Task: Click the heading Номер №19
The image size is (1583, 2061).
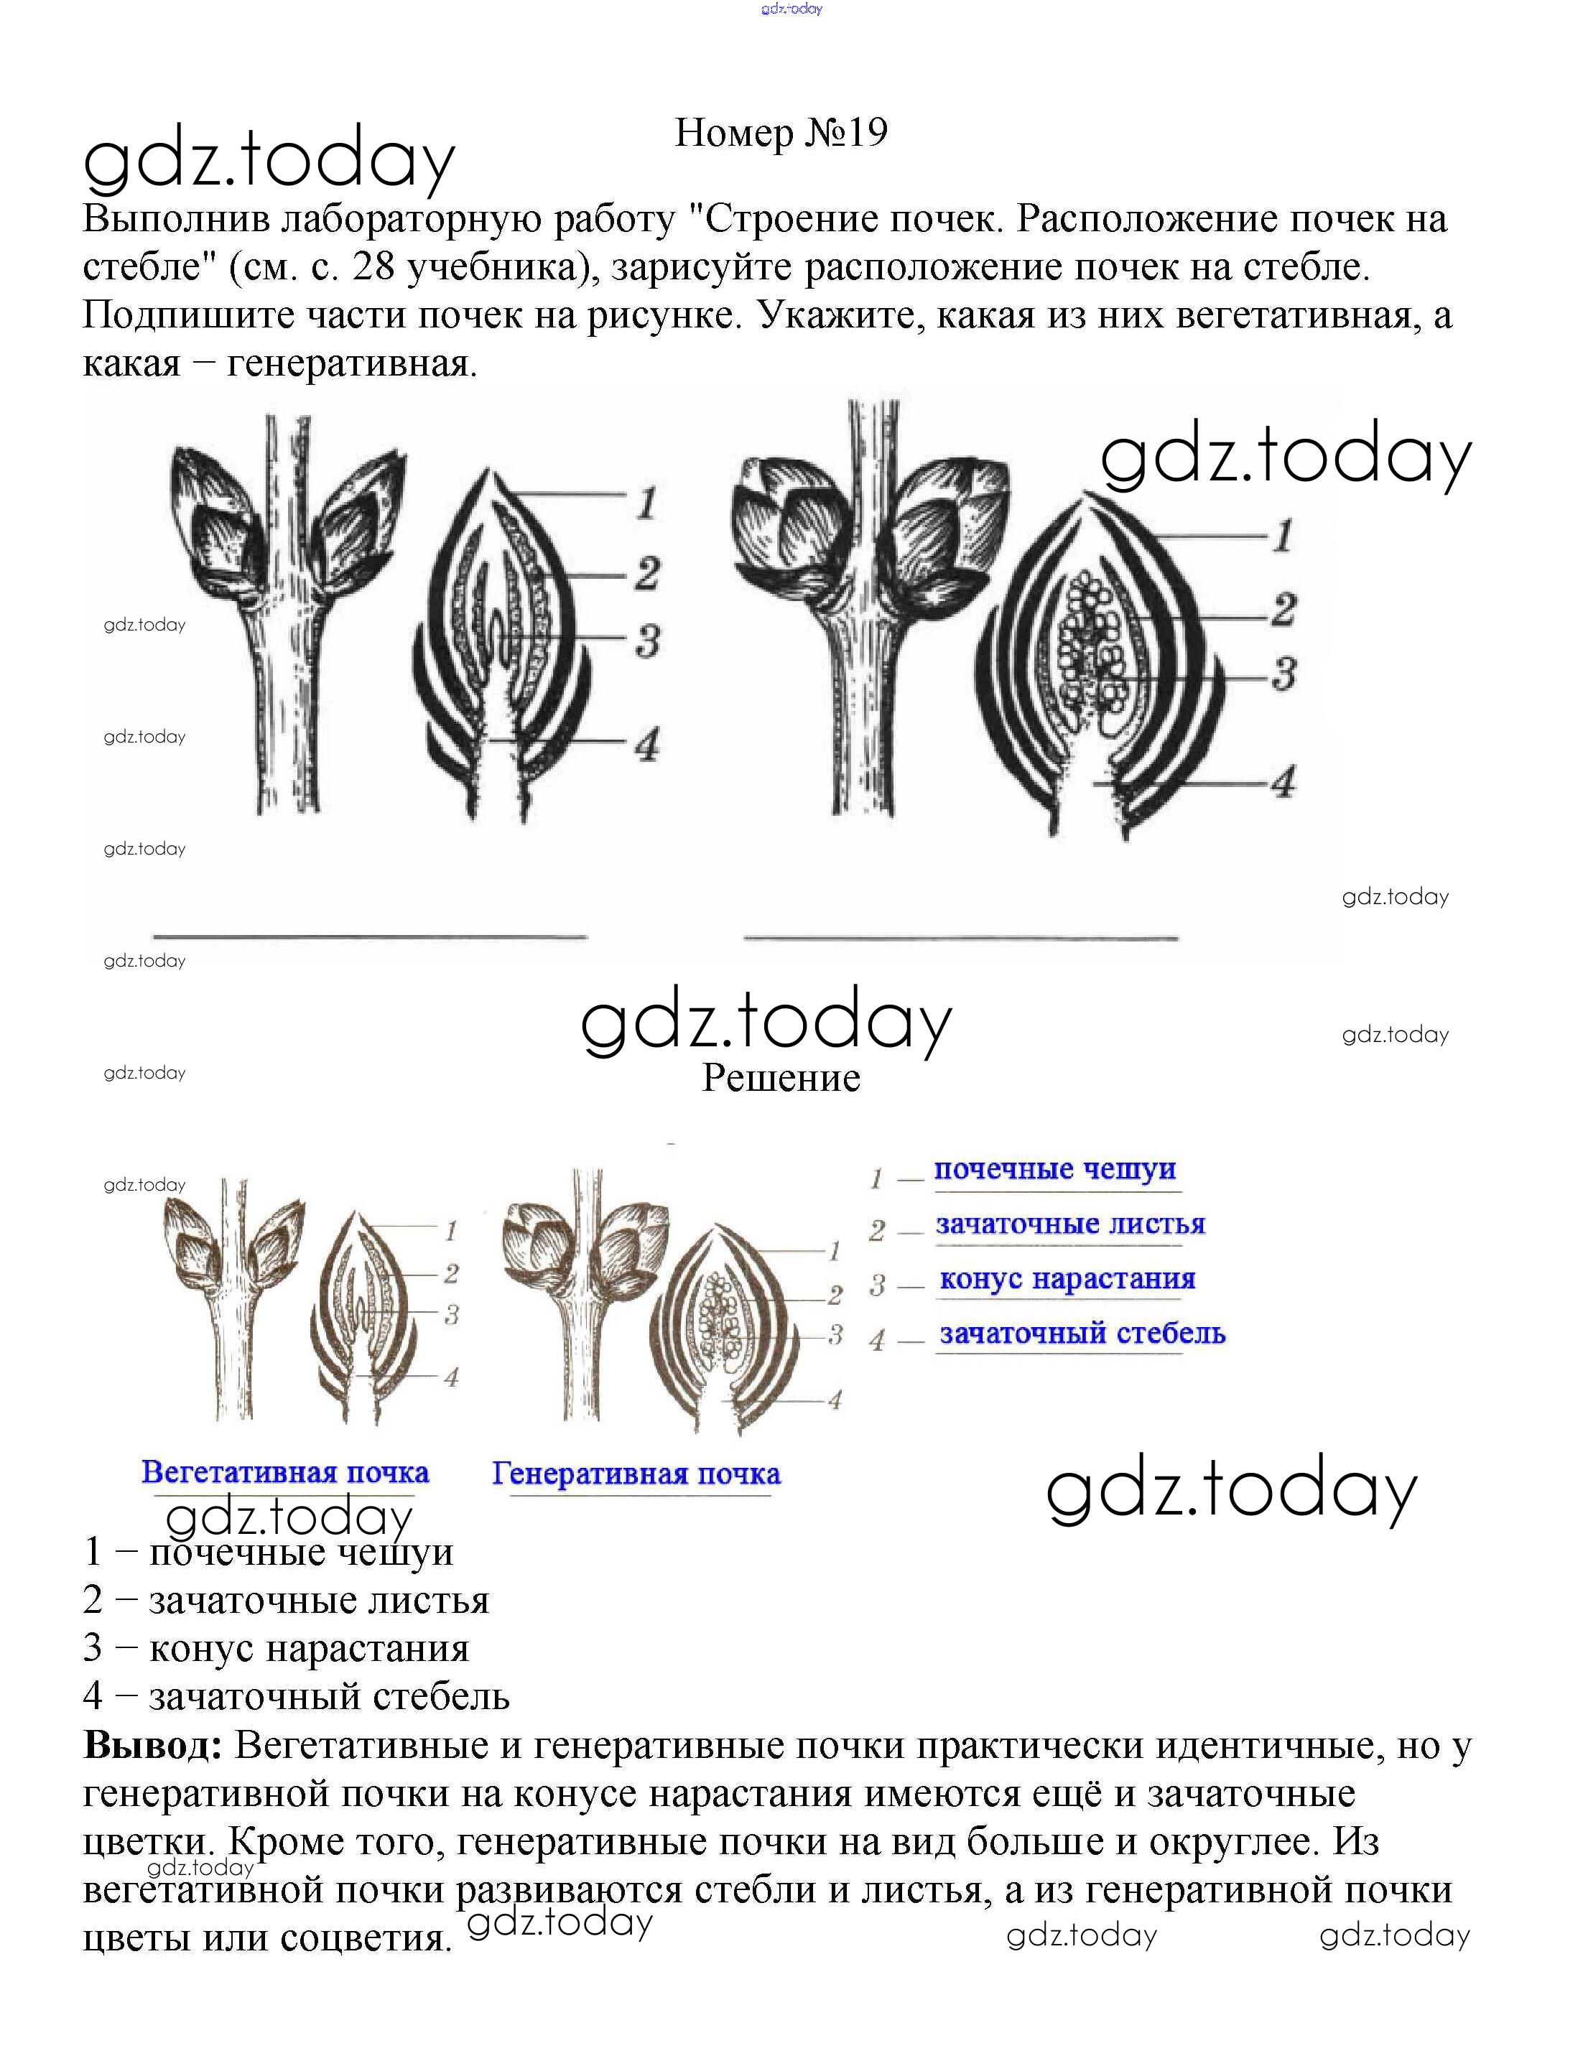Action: (781, 133)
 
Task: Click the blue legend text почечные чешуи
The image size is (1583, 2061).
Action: (1054, 1169)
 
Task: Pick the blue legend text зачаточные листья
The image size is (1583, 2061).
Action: (1069, 1224)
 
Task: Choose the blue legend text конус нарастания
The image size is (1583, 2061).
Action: (1067, 1278)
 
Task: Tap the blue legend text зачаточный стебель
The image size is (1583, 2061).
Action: (1082, 1333)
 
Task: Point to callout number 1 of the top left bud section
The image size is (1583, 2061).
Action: (646, 502)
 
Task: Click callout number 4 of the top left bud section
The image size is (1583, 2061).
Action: (646, 744)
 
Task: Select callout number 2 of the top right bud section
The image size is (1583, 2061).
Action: (1283, 610)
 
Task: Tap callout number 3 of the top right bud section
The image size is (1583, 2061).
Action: (1283, 674)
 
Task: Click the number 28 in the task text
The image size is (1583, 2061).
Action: (373, 268)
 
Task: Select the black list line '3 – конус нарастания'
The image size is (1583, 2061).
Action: (276, 1647)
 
